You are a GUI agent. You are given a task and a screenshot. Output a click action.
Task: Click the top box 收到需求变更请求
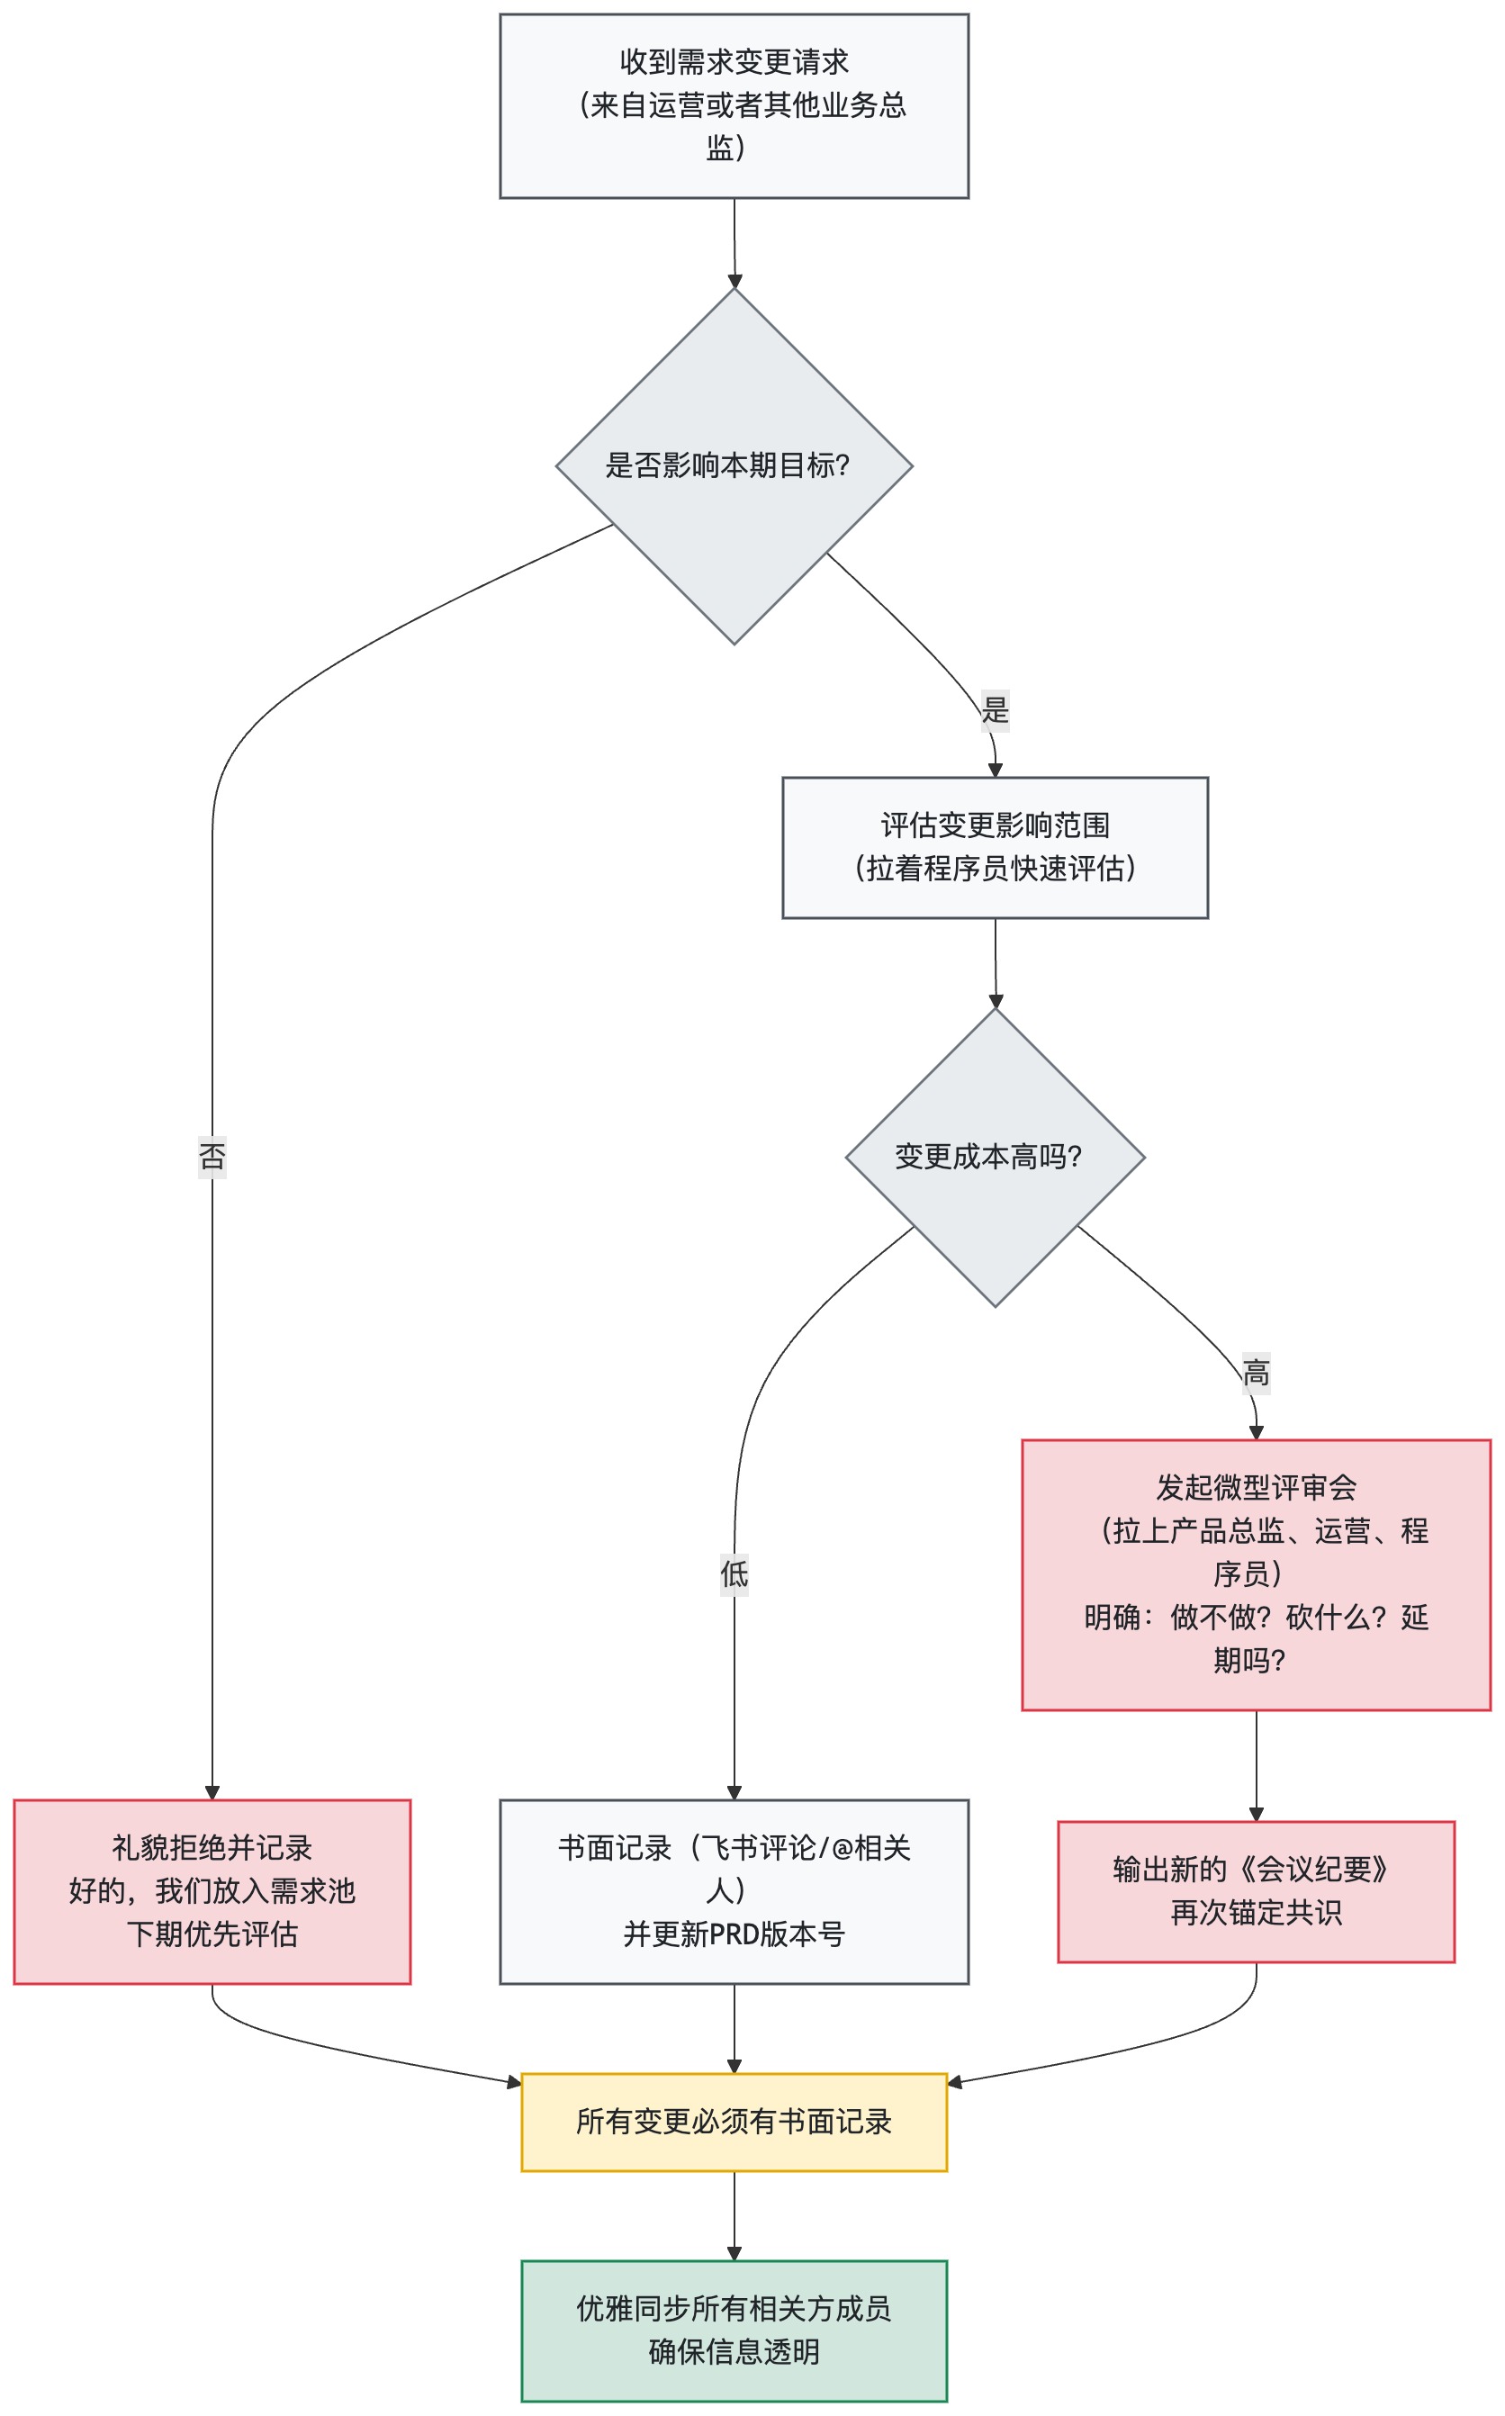coord(734,105)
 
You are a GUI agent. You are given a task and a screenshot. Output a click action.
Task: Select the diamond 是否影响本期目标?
coord(734,466)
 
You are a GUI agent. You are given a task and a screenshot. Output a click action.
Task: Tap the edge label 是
coord(995,710)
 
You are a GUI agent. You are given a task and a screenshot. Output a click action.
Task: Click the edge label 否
coord(212,1156)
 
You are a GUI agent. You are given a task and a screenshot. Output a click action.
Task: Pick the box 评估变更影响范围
coord(995,847)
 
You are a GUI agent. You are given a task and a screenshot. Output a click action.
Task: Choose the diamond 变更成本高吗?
coord(995,1157)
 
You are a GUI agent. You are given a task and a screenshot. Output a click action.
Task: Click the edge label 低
coord(734,1573)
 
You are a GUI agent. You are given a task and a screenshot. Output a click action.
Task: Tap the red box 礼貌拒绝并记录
coord(212,1890)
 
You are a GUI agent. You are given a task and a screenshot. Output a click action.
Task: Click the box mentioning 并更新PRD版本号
coord(734,1890)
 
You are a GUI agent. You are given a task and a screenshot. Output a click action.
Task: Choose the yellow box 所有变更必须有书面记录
coord(734,2122)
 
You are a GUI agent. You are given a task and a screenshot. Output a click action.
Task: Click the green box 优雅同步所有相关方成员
coord(734,2330)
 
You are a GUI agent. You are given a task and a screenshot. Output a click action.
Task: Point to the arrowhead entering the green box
coord(734,2254)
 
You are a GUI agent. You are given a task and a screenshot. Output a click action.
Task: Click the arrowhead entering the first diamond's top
coord(734,282)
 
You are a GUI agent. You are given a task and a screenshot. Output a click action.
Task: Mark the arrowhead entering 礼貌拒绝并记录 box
coord(212,1792)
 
